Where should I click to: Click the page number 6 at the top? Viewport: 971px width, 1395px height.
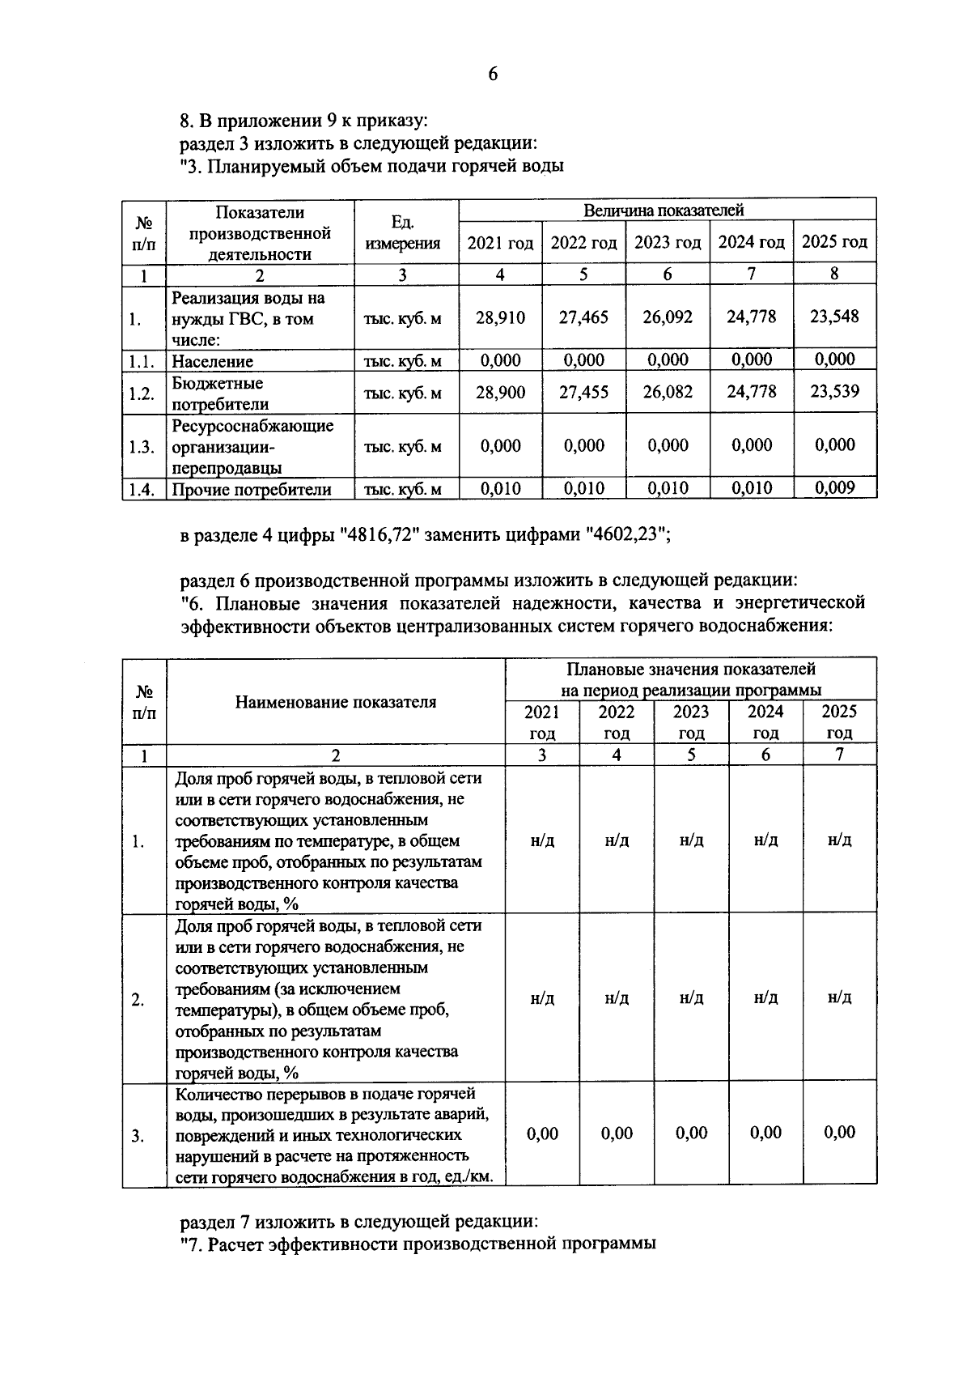click(493, 74)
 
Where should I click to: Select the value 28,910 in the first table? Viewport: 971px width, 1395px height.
click(500, 317)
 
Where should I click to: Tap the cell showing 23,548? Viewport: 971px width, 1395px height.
click(834, 316)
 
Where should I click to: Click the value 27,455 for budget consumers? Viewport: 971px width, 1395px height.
click(583, 393)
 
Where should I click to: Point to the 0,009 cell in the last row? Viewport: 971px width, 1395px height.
click(834, 488)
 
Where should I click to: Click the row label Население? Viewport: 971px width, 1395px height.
click(212, 361)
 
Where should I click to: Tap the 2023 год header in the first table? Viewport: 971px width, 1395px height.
click(667, 242)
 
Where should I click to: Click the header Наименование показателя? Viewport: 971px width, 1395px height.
click(335, 702)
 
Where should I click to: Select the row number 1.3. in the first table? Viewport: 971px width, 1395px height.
click(142, 446)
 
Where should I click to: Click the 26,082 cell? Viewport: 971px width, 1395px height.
click(667, 393)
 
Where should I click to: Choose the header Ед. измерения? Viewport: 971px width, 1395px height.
click(402, 232)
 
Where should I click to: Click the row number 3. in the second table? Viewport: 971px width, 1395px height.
click(138, 1136)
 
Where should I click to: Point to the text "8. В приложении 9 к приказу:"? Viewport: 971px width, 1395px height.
click(303, 121)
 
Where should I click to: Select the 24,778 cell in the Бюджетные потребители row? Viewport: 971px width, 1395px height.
click(751, 392)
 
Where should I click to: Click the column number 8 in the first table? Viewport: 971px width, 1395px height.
click(834, 274)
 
